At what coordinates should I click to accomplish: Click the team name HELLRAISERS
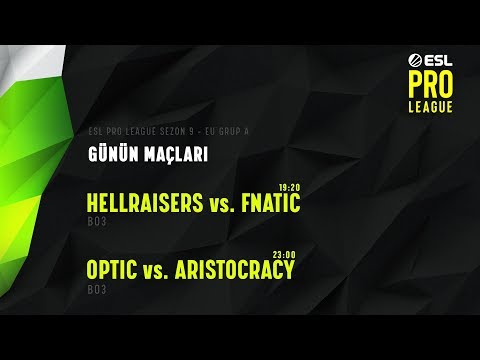(144, 204)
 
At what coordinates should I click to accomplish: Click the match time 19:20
(289, 187)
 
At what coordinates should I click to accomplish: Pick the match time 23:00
(284, 253)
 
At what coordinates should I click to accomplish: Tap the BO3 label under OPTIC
(95, 289)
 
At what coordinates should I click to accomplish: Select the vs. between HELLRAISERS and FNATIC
(220, 205)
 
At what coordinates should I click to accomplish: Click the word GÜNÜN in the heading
(109, 156)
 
